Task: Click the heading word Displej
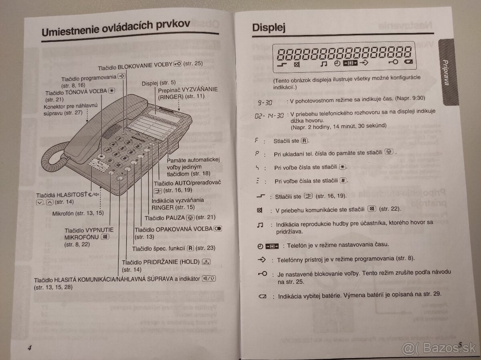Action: (x=269, y=28)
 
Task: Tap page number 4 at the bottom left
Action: (x=29, y=347)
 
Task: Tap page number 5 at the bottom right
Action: (x=461, y=344)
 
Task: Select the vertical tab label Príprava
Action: (x=446, y=72)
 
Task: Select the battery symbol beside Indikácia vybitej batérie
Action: (x=263, y=296)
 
